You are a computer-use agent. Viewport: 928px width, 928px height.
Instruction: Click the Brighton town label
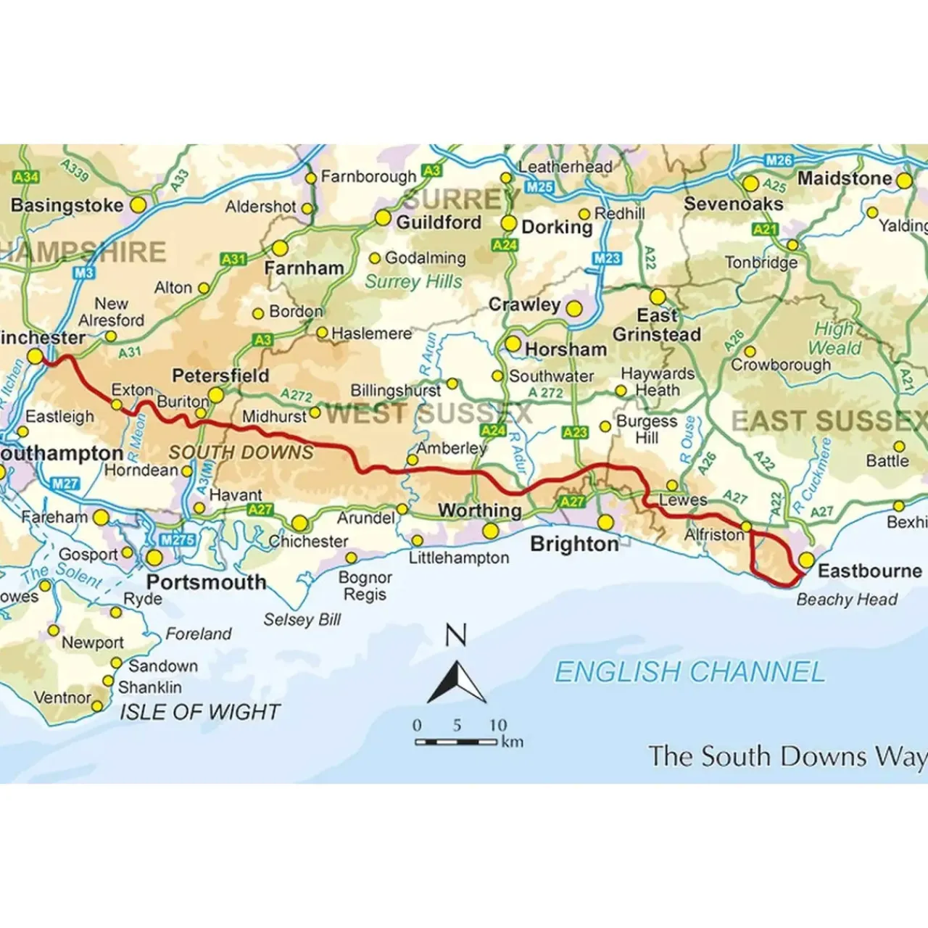574,544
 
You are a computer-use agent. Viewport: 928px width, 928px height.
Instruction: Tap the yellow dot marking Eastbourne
806,560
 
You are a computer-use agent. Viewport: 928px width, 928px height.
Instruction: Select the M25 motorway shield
540,187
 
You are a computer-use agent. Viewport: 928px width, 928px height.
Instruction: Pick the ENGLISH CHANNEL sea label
689,672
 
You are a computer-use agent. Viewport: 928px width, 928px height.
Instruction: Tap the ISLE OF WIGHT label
199,712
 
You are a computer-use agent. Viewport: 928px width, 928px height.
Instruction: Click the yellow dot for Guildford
383,217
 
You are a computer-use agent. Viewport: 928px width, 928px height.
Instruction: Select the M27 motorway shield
65,484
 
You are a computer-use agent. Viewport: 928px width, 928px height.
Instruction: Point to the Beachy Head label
846,600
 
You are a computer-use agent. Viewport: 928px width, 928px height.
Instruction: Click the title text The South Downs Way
787,756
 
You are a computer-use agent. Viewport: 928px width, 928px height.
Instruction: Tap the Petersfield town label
220,376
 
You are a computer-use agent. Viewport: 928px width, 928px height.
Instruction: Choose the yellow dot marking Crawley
573,309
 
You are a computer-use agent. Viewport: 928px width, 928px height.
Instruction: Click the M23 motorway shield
607,258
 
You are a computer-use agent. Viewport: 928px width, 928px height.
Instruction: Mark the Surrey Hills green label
413,281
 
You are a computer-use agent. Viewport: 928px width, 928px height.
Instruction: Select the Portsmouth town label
206,582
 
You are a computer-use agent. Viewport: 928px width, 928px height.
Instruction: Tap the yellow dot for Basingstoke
138,205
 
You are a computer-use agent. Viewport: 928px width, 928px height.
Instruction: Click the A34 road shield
26,177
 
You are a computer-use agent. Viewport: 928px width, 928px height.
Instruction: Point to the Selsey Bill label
302,620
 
